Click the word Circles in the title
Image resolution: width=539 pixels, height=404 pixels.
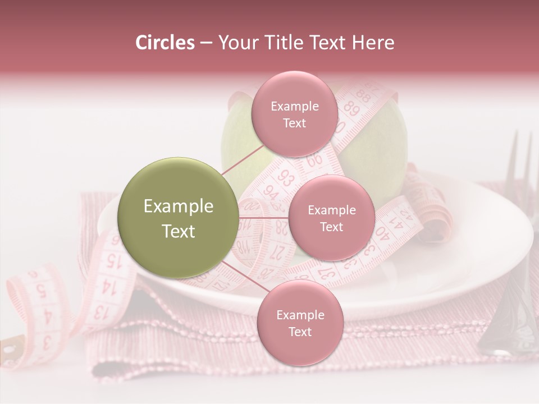pyautogui.click(x=165, y=43)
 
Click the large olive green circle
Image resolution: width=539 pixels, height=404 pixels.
pyautogui.click(x=179, y=218)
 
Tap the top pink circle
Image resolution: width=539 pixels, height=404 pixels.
pyautogui.click(x=294, y=114)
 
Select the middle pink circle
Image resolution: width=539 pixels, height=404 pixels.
pyautogui.click(x=331, y=218)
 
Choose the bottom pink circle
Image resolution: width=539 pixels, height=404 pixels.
pyautogui.click(x=300, y=323)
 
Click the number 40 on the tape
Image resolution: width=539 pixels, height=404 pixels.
pyautogui.click(x=382, y=231)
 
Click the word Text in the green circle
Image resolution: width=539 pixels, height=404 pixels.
pyautogui.click(x=179, y=231)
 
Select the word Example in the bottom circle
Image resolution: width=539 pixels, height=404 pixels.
pyautogui.click(x=300, y=315)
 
